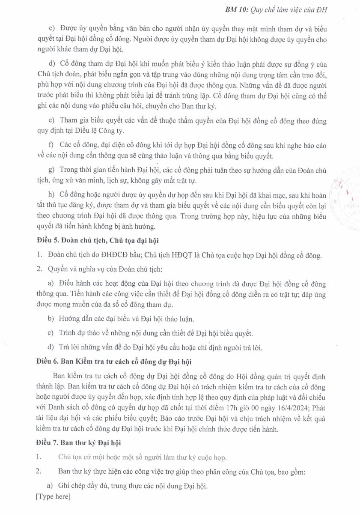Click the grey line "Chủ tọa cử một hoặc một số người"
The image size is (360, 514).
coord(142,457)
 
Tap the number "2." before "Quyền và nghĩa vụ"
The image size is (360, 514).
coord(39,269)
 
